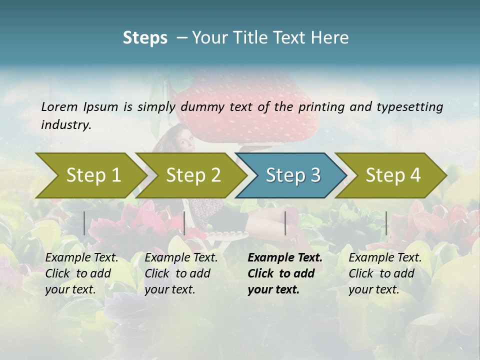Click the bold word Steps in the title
tap(145, 37)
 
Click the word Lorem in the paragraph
tap(59, 107)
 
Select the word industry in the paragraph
tap(65, 125)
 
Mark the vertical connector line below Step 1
tap(84, 223)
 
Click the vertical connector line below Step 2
tap(184, 223)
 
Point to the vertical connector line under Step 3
tap(285, 223)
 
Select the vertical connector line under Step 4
tap(386, 223)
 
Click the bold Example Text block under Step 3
tap(284, 273)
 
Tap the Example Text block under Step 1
tap(81, 273)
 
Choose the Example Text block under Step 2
tap(181, 273)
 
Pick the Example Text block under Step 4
tap(385, 273)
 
